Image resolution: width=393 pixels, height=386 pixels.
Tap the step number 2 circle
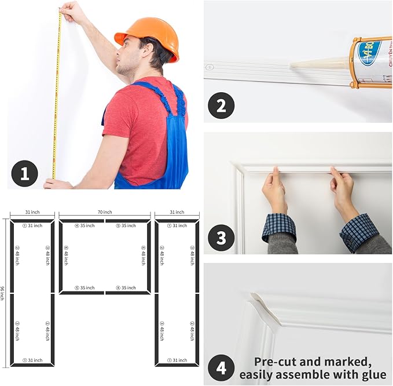click(222, 106)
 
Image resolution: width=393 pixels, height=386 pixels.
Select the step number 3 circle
click(222, 238)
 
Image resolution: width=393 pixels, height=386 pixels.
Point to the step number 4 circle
click(222, 367)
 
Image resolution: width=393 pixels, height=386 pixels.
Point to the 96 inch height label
click(3, 293)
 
